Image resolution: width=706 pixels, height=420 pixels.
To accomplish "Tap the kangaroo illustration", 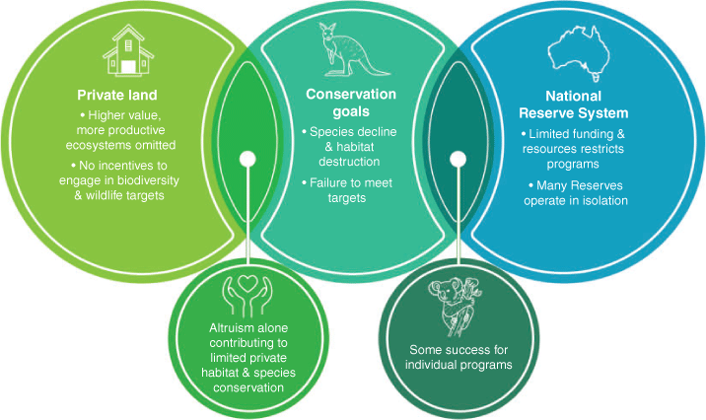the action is point(352,49).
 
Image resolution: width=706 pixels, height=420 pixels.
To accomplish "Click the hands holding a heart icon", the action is point(247,295).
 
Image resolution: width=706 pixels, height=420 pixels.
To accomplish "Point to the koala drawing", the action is point(456,307).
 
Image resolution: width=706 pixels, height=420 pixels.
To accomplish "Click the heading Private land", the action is point(117,95).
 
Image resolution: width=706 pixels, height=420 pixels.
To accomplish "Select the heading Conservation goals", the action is point(351,103).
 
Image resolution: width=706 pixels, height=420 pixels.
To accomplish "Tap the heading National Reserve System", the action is point(573,105).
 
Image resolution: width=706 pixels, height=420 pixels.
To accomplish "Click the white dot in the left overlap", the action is point(247,159).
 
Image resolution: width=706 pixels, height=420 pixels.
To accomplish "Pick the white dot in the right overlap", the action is point(458,159).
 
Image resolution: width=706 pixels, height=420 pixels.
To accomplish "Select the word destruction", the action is point(349,161).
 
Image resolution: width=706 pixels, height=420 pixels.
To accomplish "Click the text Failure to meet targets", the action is point(347,190).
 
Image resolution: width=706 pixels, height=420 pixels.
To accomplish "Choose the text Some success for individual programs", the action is point(459,357).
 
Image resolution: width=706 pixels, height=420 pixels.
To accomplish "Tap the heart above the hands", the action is point(247,283).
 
